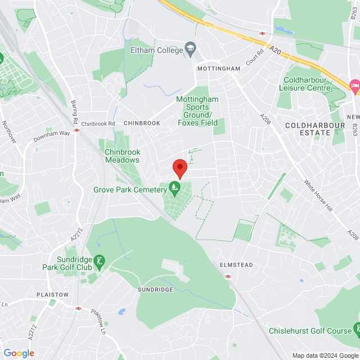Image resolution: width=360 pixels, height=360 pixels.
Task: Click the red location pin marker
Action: [x=179, y=168]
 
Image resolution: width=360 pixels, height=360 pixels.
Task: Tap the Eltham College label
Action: [x=156, y=50]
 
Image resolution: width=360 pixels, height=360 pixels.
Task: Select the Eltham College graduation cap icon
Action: [x=191, y=49]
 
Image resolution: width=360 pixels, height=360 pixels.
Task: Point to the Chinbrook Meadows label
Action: [x=122, y=155]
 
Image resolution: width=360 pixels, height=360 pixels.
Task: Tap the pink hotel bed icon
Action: [x=355, y=85]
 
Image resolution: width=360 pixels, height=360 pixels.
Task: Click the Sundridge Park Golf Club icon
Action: [x=100, y=261]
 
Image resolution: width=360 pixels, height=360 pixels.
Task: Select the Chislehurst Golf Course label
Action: [x=310, y=331]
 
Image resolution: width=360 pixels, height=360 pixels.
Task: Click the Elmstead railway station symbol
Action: [x=228, y=276]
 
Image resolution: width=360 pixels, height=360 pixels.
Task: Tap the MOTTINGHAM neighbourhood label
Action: [x=219, y=69]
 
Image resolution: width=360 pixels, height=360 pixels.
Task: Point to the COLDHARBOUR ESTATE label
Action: [x=307, y=129]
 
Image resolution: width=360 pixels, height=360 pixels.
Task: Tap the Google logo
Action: [x=19, y=353]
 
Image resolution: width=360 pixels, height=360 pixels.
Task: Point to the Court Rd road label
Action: [x=254, y=56]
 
